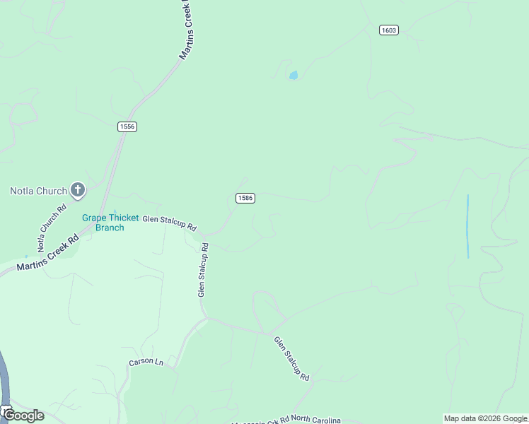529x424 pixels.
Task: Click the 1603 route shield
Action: tap(388, 30)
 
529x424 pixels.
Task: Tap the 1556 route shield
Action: tap(127, 126)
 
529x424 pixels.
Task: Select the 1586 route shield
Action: tap(245, 198)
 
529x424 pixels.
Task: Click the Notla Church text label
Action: tap(38, 191)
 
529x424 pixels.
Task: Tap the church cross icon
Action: tap(78, 189)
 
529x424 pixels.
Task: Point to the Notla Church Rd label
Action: tap(52, 228)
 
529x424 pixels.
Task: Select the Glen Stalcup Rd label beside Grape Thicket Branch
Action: tap(169, 223)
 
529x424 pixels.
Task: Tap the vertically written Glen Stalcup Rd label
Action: tap(203, 270)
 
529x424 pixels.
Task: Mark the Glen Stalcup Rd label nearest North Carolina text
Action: tap(292, 359)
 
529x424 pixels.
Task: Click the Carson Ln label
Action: tap(146, 363)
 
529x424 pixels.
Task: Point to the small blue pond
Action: tap(293, 75)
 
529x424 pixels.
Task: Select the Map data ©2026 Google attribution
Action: tap(486, 418)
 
